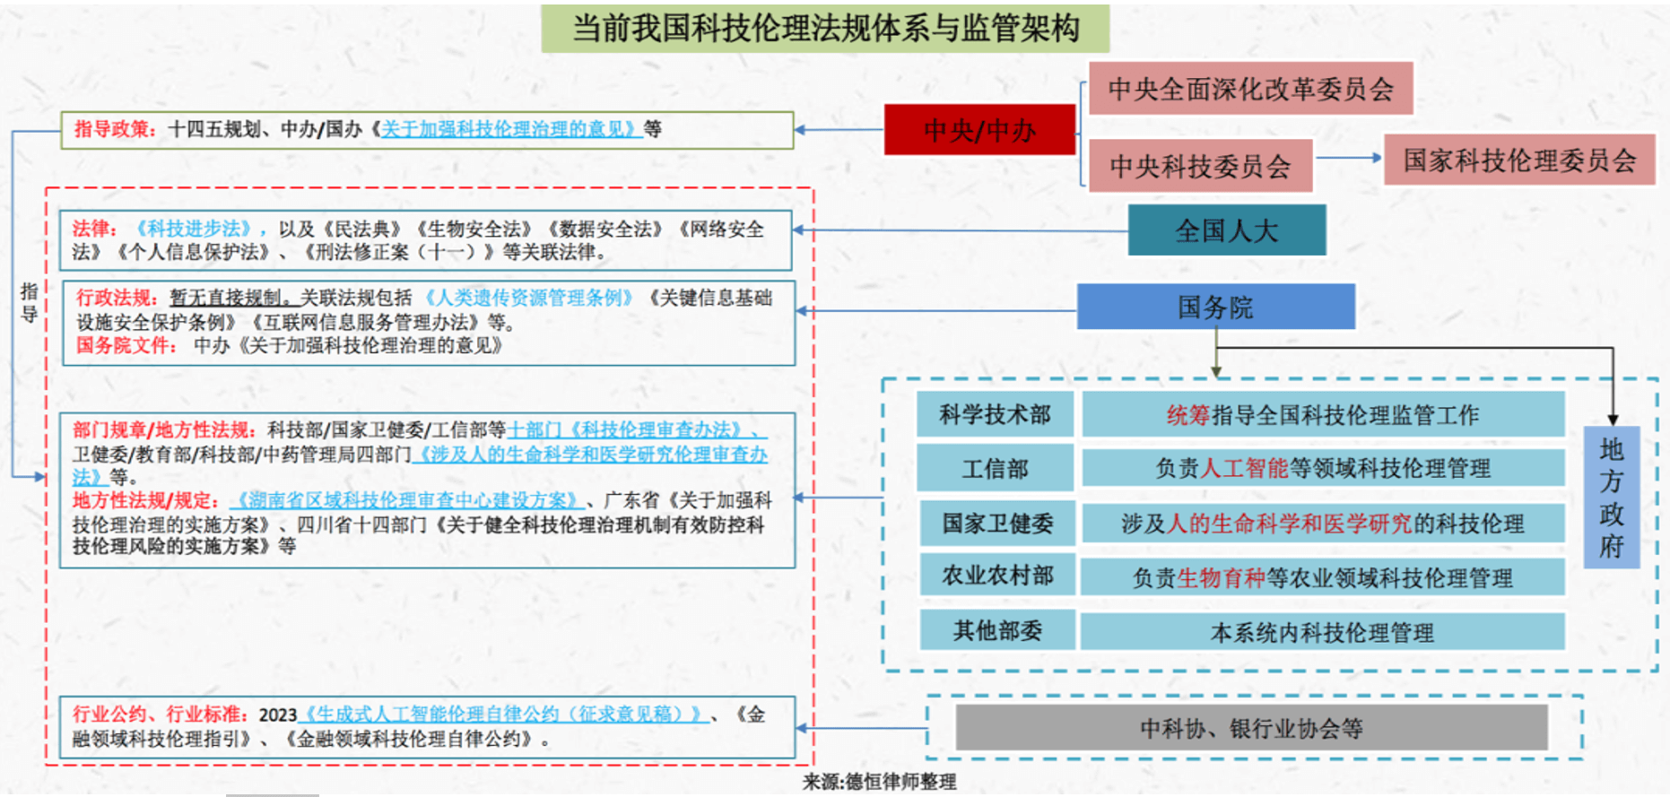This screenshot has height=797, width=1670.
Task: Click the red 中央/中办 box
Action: coord(979,130)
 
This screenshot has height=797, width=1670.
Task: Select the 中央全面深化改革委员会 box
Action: coord(1251,88)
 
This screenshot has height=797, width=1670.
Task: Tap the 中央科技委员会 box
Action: coord(1200,166)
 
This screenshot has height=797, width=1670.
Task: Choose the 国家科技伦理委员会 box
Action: coord(1519,160)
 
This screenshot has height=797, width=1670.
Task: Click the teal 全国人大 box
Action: coord(1226,230)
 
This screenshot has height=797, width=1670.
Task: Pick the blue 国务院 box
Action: coord(1215,308)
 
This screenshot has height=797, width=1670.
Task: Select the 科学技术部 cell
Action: coord(995,414)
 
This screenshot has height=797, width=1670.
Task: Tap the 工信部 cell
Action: coord(996,469)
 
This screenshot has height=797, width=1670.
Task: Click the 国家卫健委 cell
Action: coord(997,524)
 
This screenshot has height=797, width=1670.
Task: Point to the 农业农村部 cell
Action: coord(997,576)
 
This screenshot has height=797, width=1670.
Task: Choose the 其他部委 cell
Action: coord(997,630)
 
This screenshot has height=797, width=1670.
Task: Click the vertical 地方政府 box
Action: coord(1612,498)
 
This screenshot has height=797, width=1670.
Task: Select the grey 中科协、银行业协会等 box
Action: coord(1251,728)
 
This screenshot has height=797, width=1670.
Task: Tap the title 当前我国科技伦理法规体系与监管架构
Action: coord(825,29)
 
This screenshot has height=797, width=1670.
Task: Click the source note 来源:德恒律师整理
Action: coord(879,782)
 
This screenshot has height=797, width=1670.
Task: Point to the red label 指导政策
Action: coord(111,129)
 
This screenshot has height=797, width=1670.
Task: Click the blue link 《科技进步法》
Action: coord(195,229)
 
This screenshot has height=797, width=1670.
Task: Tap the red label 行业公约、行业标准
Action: coord(157,715)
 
